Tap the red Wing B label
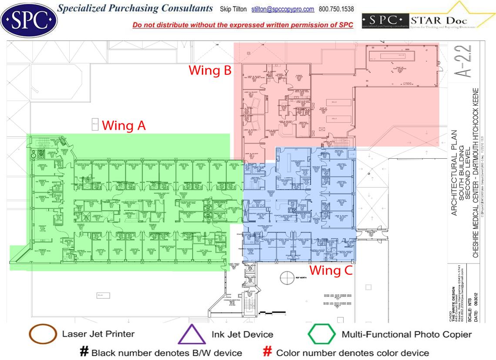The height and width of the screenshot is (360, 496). [x=210, y=70]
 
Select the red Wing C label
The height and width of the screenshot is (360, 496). [x=331, y=270]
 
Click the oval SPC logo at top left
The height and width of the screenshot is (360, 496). [x=29, y=19]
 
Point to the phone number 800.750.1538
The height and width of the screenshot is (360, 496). [x=336, y=9]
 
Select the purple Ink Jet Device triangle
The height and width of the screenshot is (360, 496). [x=192, y=335]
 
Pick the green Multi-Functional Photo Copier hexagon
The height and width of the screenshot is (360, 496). [x=322, y=335]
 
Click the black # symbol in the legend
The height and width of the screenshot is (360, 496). [x=84, y=352]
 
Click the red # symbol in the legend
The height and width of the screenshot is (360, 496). [x=268, y=352]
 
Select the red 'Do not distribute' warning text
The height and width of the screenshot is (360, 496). [x=243, y=25]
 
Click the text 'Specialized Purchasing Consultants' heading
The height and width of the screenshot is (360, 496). [x=135, y=8]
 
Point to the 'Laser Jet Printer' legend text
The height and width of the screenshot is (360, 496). [x=98, y=334]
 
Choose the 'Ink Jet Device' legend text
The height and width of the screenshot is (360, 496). [x=242, y=334]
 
